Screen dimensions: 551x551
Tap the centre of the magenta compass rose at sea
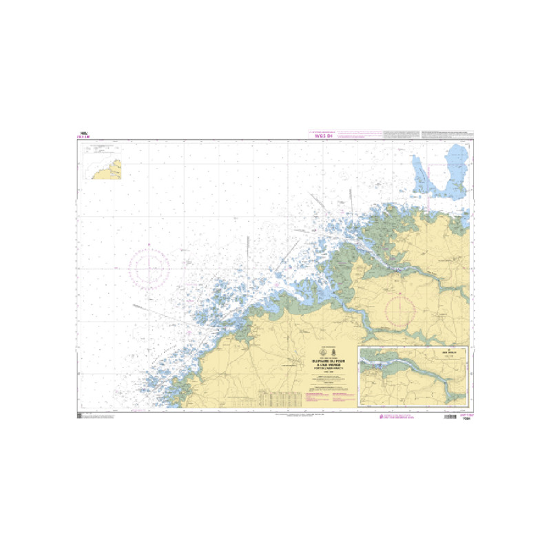(x=150, y=267)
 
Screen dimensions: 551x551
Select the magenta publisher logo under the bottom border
(x=392, y=417)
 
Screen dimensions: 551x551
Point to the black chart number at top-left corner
(x=84, y=134)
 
